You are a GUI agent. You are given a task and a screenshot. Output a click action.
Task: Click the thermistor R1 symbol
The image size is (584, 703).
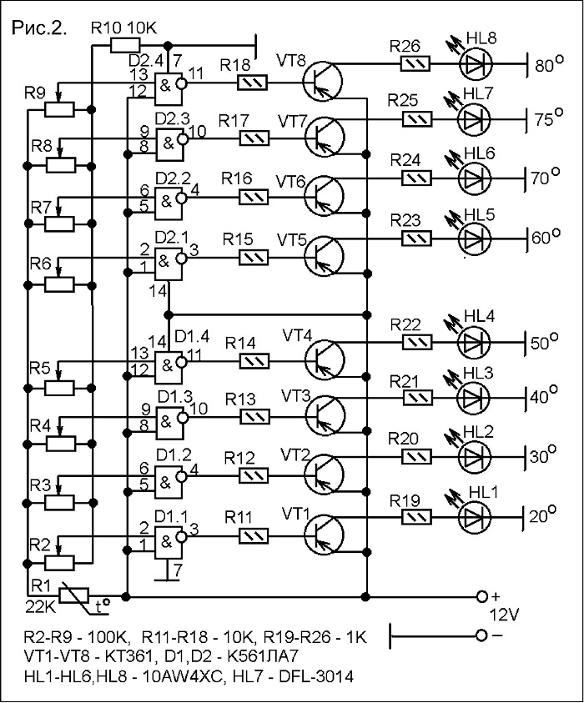tap(74, 596)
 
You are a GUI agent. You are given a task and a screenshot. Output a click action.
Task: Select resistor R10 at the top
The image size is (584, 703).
tap(125, 45)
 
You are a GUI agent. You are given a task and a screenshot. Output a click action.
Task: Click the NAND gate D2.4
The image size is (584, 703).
tap(169, 87)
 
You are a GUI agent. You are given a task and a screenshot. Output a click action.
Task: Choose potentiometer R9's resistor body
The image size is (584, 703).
tap(59, 109)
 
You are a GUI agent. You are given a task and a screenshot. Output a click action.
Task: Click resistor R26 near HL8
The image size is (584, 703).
tap(415, 63)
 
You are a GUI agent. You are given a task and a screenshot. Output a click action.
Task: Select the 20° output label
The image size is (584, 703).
tap(543, 515)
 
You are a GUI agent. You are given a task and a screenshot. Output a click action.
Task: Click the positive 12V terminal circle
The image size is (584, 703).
tap(481, 596)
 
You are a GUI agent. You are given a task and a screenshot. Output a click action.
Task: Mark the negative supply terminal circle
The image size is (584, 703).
tap(481, 635)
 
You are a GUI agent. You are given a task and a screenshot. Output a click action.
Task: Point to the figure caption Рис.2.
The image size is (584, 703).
tap(39, 28)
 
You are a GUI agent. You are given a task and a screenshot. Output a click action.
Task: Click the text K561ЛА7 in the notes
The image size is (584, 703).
tap(264, 656)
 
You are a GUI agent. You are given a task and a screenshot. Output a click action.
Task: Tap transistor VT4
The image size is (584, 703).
tap(325, 359)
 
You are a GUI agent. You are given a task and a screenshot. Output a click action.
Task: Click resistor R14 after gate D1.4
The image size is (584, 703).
tap(254, 361)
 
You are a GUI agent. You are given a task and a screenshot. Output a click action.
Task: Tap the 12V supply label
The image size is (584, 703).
tap(504, 615)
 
